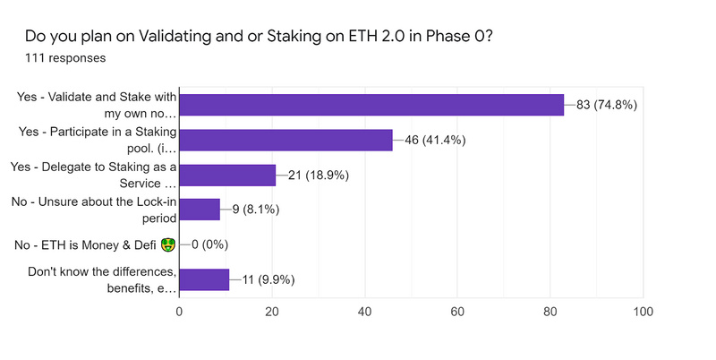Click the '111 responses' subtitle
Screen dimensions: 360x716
65,58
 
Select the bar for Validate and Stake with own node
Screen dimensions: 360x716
371,105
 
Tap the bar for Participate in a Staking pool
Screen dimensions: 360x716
286,140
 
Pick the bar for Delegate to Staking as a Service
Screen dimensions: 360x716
227,175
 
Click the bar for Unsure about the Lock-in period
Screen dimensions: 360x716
200,210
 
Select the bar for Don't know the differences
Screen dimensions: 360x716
204,279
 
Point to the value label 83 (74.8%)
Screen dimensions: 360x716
606,105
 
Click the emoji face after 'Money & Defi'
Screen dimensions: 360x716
167,244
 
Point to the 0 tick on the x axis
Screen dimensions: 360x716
180,313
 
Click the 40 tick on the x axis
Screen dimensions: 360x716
365,313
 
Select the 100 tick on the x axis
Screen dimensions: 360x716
643,313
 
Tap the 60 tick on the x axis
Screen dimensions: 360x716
457,313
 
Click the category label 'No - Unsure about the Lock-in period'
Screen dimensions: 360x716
96,210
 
